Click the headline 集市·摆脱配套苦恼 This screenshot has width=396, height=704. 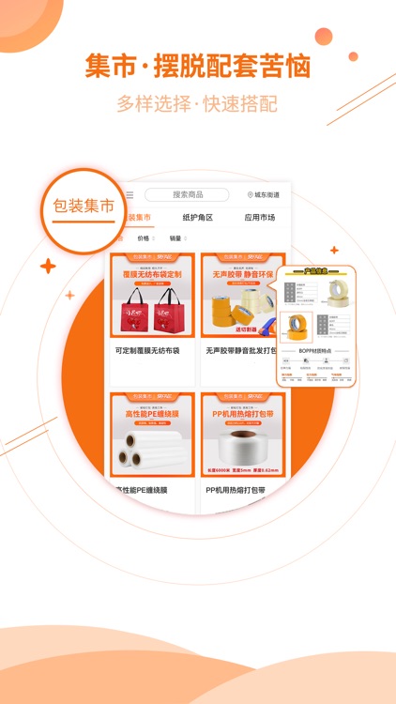(197, 67)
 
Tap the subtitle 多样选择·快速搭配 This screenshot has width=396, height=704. (197, 103)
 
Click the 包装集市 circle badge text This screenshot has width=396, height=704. (84, 207)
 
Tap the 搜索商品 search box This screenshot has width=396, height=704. (187, 195)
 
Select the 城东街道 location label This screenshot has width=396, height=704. (264, 195)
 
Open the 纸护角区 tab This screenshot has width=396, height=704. (197, 218)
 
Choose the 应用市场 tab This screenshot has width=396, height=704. (259, 218)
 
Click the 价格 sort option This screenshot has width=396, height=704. (144, 239)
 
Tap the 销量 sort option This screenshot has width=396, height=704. (175, 239)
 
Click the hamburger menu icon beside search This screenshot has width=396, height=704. (129, 195)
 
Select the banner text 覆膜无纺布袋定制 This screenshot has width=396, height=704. (152, 275)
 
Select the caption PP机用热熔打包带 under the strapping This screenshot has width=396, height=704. (236, 490)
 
